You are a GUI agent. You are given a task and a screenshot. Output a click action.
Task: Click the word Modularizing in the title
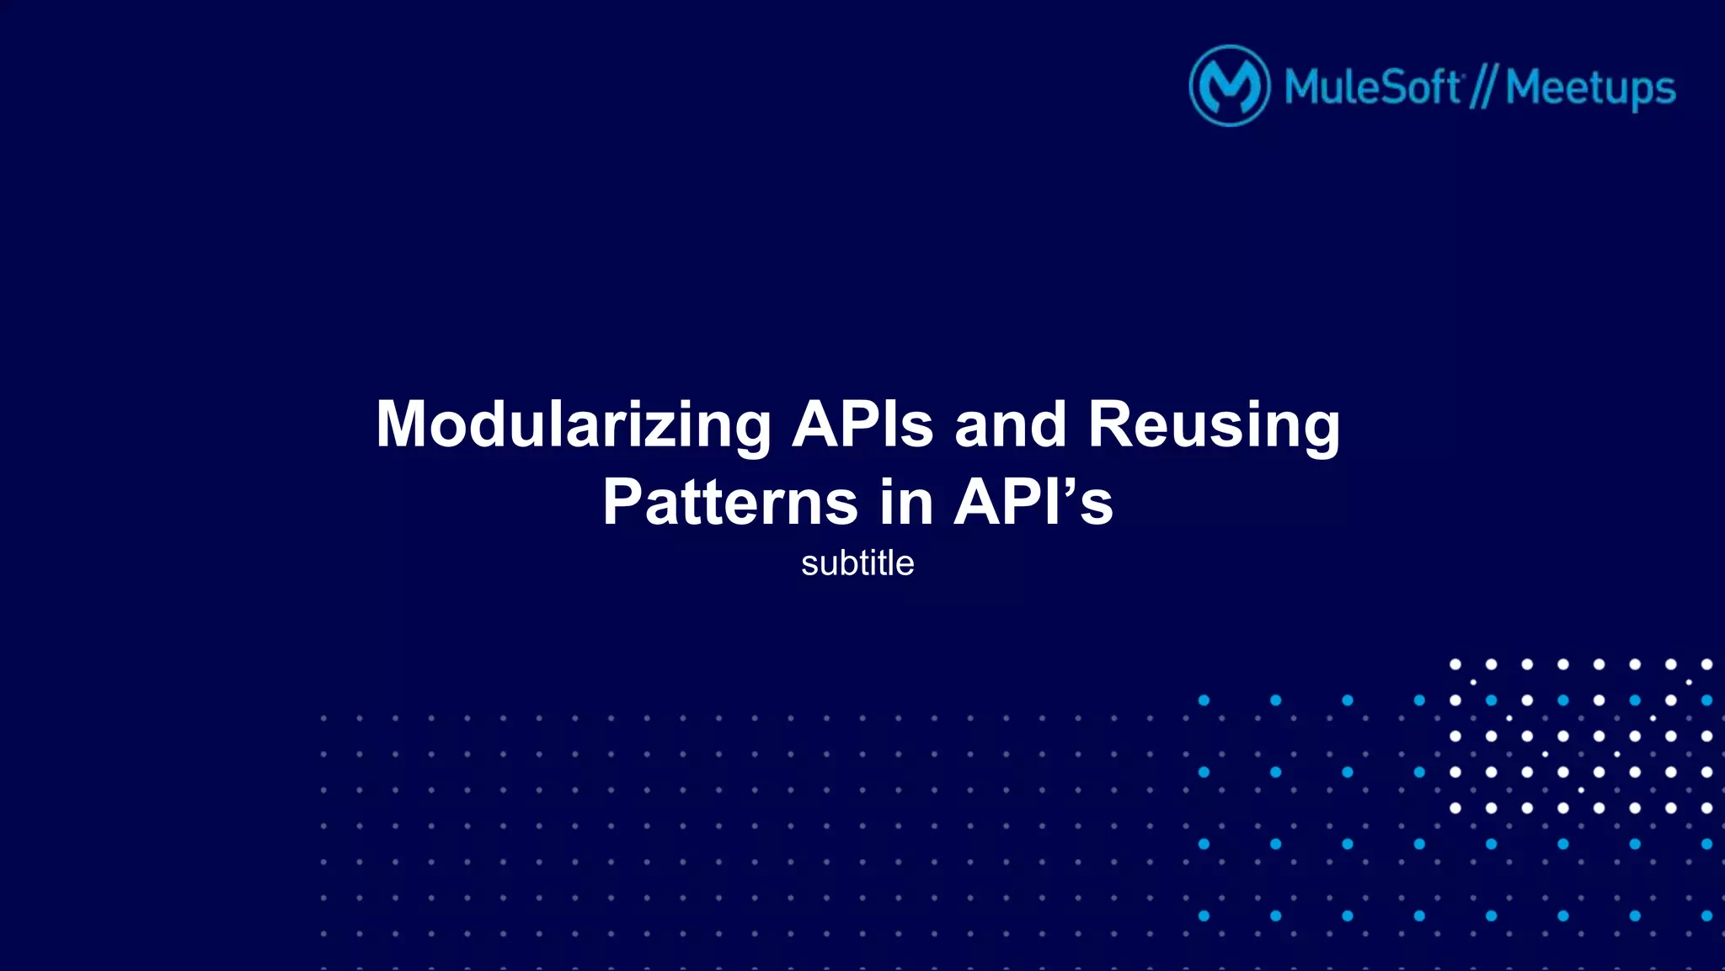click(573, 425)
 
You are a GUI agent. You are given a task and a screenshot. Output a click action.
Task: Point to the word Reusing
click(1213, 425)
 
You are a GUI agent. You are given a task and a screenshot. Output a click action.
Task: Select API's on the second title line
click(1033, 503)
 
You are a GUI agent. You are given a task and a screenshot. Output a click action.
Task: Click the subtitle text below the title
click(857, 563)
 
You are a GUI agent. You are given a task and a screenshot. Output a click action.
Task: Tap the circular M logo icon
click(1229, 86)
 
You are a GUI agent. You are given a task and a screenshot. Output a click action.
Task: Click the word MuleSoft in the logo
click(1372, 87)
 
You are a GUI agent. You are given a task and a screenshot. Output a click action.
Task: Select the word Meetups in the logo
click(1590, 88)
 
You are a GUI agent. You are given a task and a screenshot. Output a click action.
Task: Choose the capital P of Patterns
click(623, 503)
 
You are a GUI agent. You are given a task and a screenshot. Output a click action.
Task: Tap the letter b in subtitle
click(851, 563)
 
